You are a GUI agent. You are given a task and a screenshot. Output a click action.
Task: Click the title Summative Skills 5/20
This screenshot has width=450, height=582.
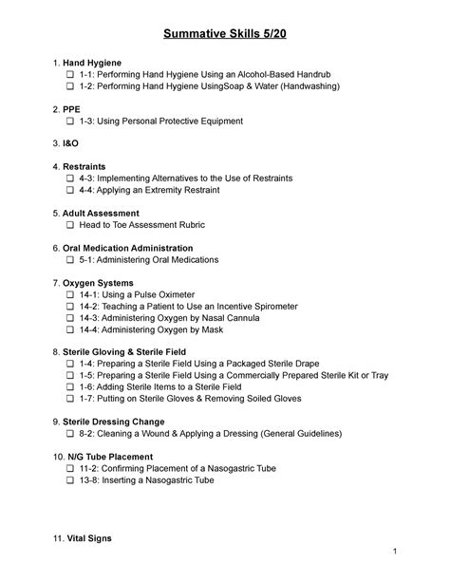(x=224, y=33)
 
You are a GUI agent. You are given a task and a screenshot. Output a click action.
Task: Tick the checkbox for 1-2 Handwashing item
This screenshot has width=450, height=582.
(x=70, y=86)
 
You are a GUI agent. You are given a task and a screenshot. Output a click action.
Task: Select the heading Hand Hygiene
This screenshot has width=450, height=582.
(x=96, y=62)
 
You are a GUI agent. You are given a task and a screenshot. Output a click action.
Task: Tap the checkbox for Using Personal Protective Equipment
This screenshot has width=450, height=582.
(x=70, y=122)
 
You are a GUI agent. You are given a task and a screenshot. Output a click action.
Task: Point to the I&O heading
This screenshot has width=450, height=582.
(x=73, y=143)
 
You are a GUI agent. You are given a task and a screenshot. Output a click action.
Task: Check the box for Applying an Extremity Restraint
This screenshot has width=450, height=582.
(x=70, y=190)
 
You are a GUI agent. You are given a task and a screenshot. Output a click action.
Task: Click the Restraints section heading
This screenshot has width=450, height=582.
(x=85, y=166)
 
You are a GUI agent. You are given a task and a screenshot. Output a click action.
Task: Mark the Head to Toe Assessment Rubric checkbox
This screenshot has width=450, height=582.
(x=70, y=225)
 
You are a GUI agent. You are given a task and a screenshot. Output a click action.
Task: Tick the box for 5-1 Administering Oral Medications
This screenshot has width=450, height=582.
(x=70, y=259)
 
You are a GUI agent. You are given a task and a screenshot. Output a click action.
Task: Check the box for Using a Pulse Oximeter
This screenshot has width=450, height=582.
(x=70, y=294)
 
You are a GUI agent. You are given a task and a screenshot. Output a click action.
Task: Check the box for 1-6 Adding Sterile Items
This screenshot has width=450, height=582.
(x=70, y=387)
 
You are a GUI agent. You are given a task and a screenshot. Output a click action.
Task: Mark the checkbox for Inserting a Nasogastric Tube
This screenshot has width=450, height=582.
(x=70, y=479)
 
